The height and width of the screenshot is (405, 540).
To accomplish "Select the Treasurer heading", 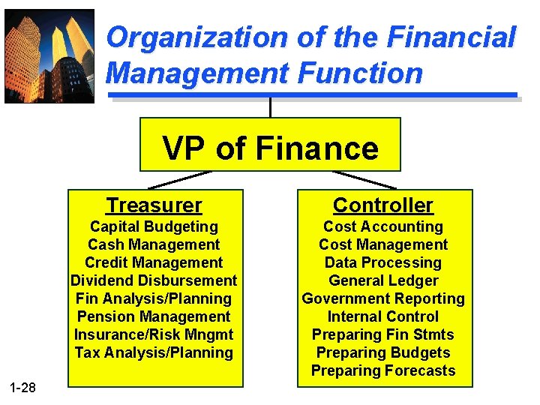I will (x=154, y=205).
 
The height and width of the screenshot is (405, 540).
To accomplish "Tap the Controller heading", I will (x=383, y=205).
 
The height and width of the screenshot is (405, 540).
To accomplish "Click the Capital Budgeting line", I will (x=154, y=226).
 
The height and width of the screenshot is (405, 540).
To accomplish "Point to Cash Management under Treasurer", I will (x=154, y=244).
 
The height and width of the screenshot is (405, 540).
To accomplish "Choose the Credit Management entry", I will (x=154, y=262).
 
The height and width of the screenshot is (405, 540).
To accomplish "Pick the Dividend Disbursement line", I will (x=154, y=280).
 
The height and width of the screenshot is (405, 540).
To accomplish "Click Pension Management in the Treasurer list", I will (x=154, y=316).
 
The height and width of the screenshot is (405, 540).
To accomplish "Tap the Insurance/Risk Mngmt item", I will (x=154, y=334).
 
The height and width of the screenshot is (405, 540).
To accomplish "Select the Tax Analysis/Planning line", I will (x=154, y=352).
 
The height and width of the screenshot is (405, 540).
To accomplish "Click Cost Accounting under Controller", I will (x=383, y=226).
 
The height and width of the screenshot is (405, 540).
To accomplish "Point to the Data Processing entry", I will (x=383, y=262).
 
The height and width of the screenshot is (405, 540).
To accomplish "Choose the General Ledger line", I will (x=383, y=280).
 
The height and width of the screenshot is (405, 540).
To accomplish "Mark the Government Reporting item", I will (x=383, y=298).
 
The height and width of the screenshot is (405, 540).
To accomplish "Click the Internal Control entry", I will (x=383, y=316).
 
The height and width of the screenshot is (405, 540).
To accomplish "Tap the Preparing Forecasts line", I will (x=383, y=370).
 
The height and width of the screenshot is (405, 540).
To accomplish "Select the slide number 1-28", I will (x=22, y=387).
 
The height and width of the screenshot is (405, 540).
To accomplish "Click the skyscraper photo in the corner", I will (x=49, y=55).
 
